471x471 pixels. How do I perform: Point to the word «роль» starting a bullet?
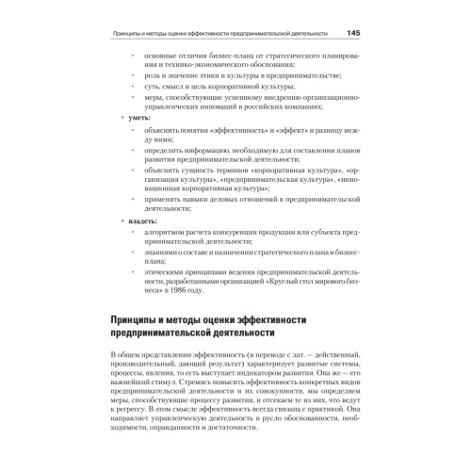[x=154, y=74]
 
